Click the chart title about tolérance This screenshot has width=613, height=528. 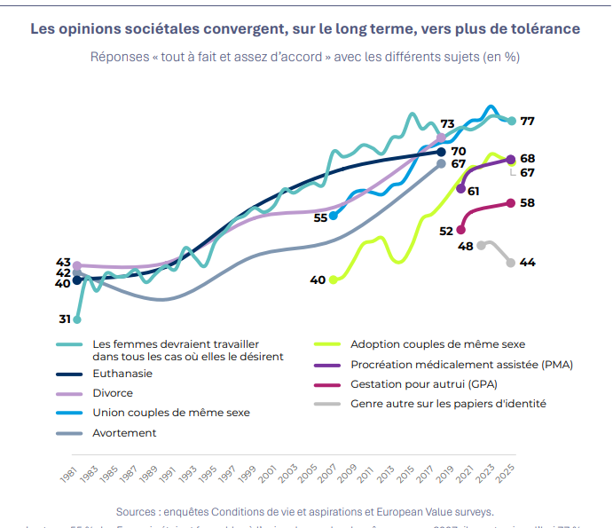coord(305,28)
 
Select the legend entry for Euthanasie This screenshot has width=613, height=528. coord(122,374)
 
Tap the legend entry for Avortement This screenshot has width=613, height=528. coord(124,433)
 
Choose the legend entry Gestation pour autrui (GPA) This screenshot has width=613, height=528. coord(423,384)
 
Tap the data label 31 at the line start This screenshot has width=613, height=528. coord(65,319)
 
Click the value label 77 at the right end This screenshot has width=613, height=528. coord(527,121)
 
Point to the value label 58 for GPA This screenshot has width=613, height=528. coord(527,202)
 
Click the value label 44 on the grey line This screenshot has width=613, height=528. coord(527,263)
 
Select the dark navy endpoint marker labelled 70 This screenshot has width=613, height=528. coord(442,152)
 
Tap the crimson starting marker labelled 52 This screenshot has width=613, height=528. coord(460,230)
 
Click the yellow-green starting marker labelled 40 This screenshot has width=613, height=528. coord(334,280)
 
